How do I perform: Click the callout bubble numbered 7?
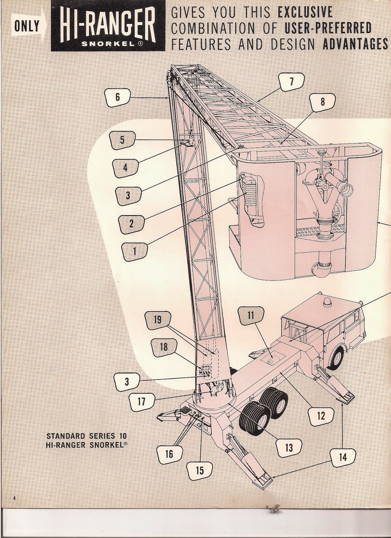click(x=291, y=81)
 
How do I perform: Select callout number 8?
click(x=322, y=102)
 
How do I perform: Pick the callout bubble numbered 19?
click(x=157, y=319)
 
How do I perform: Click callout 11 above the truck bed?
click(x=250, y=315)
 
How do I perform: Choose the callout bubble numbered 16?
click(x=169, y=454)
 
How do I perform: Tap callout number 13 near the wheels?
click(x=288, y=448)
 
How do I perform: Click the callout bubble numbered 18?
click(x=163, y=346)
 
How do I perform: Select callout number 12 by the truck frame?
click(x=321, y=416)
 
